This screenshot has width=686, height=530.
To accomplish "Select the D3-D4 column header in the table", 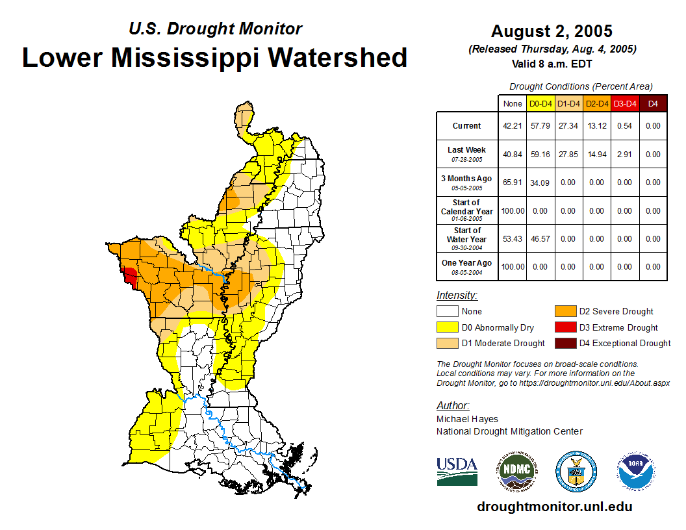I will [x=625, y=103].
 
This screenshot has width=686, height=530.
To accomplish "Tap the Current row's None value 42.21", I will [x=513, y=126].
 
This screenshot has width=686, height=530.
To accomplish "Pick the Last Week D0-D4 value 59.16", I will [x=540, y=155].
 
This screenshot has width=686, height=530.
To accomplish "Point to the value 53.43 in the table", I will [x=513, y=239].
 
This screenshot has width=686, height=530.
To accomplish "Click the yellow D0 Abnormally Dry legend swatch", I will [x=447, y=328].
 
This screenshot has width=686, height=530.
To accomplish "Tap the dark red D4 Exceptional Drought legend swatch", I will [x=565, y=344].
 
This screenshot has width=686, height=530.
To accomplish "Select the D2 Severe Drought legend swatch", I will [x=565, y=312].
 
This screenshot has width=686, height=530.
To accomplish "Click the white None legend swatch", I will [x=447, y=312].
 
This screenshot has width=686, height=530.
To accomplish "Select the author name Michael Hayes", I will [x=466, y=419].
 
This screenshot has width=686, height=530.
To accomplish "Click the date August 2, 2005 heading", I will [x=552, y=31].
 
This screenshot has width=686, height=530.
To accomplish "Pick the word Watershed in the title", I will [x=338, y=57].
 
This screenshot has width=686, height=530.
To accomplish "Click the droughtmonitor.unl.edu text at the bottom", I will [x=554, y=507].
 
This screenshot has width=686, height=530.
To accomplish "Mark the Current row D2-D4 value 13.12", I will [x=596, y=126].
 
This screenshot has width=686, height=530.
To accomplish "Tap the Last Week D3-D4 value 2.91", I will [x=625, y=155].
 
